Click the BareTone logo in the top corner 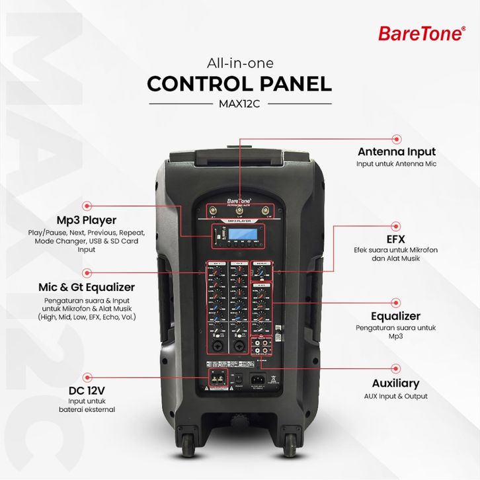(421, 33)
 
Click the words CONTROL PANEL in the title (239, 84)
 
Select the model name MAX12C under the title (239, 103)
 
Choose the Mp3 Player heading (87, 220)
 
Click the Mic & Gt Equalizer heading (86, 287)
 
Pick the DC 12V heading (87, 389)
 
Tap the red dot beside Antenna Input (397, 139)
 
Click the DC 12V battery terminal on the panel (217, 378)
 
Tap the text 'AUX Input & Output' (395, 396)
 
